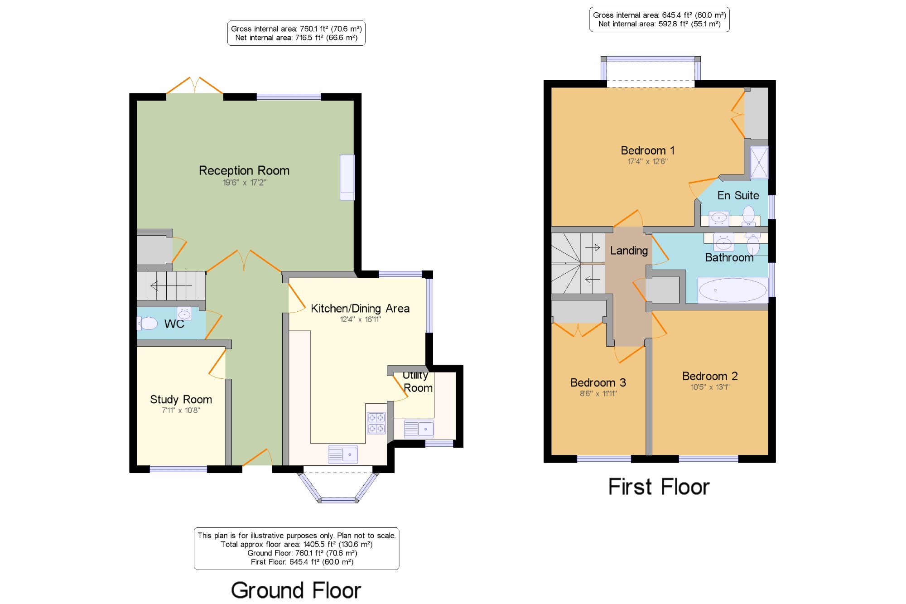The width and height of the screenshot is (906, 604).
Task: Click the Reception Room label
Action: (244, 170)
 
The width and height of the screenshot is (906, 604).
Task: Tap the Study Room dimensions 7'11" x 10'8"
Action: (181, 410)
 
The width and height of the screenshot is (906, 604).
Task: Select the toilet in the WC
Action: (148, 323)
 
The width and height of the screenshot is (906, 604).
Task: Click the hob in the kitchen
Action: (376, 423)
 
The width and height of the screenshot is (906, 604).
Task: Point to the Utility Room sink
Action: (419, 429)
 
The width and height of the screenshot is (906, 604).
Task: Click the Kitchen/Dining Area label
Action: (360, 309)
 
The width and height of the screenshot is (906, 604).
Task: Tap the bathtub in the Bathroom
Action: (733, 290)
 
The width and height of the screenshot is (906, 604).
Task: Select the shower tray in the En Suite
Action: (759, 162)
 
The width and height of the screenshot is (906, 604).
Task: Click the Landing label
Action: (629, 251)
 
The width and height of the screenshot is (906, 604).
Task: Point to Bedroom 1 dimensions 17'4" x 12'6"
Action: (647, 161)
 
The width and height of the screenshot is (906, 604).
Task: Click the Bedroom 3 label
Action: (598, 382)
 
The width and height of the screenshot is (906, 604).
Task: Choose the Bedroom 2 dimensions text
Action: (710, 387)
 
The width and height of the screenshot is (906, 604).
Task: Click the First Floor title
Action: (659, 487)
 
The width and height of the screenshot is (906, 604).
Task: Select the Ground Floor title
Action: (296, 590)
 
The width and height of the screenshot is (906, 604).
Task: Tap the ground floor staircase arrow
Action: (171, 286)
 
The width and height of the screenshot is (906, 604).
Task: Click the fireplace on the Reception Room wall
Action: (347, 177)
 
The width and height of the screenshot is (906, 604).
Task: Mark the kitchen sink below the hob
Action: (342, 454)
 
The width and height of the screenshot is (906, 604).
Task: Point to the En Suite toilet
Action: (748, 215)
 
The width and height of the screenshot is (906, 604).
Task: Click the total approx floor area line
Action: (296, 544)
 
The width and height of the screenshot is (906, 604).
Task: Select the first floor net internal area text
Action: (659, 24)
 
